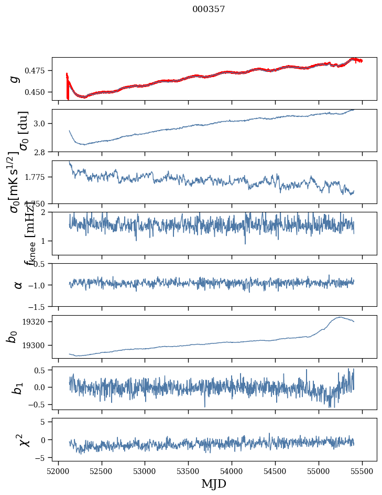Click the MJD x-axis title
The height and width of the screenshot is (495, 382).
(214, 483)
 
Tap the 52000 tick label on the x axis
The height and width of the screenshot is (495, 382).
(58, 471)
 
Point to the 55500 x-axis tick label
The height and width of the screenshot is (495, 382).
(363, 471)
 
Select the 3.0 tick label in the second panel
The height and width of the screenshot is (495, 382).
(42, 124)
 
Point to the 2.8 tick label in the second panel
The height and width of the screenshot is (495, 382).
(42, 152)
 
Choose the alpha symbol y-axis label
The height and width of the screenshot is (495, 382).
(18, 285)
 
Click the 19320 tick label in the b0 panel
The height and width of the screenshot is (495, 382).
(38, 321)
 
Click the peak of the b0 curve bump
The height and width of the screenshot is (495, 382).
(340, 317)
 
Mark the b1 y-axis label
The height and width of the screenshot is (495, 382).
(18, 388)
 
